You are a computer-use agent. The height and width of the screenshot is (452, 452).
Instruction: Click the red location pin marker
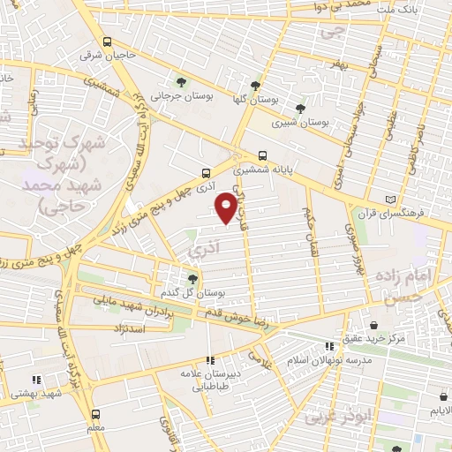pyautogui.click(x=226, y=207)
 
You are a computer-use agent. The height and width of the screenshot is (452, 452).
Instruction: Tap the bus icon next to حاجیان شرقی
pyautogui.click(x=107, y=42)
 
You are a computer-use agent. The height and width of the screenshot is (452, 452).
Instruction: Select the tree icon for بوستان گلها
pyautogui.click(x=255, y=86)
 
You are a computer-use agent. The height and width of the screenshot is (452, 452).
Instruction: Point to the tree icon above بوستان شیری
pyautogui.click(x=303, y=109)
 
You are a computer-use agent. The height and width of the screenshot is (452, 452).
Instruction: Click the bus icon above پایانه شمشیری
pyautogui.click(x=262, y=152)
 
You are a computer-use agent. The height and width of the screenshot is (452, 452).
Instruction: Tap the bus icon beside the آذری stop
pyautogui.click(x=206, y=173)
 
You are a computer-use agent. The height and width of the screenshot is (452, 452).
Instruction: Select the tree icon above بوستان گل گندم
pyautogui.click(x=193, y=278)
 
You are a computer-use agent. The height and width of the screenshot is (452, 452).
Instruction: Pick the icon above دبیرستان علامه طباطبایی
pyautogui.click(x=209, y=359)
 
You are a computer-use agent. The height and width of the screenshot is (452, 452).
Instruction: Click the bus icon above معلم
pyautogui.click(x=96, y=413)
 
